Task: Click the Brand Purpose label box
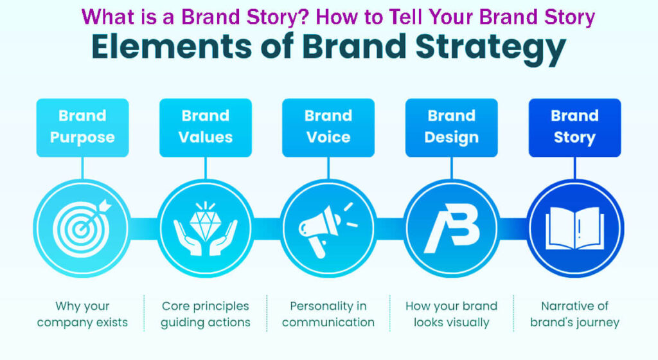point(82,127)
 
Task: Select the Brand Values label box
point(206,127)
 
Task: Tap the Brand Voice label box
point(328,127)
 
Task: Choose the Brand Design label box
point(452,127)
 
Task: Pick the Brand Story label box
point(574,127)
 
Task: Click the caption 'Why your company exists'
point(82,314)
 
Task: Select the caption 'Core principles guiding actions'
point(206,314)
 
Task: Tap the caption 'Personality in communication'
point(328,314)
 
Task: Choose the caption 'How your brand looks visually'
point(452,314)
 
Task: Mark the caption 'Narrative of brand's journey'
point(574,314)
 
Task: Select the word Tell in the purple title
point(401,16)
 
